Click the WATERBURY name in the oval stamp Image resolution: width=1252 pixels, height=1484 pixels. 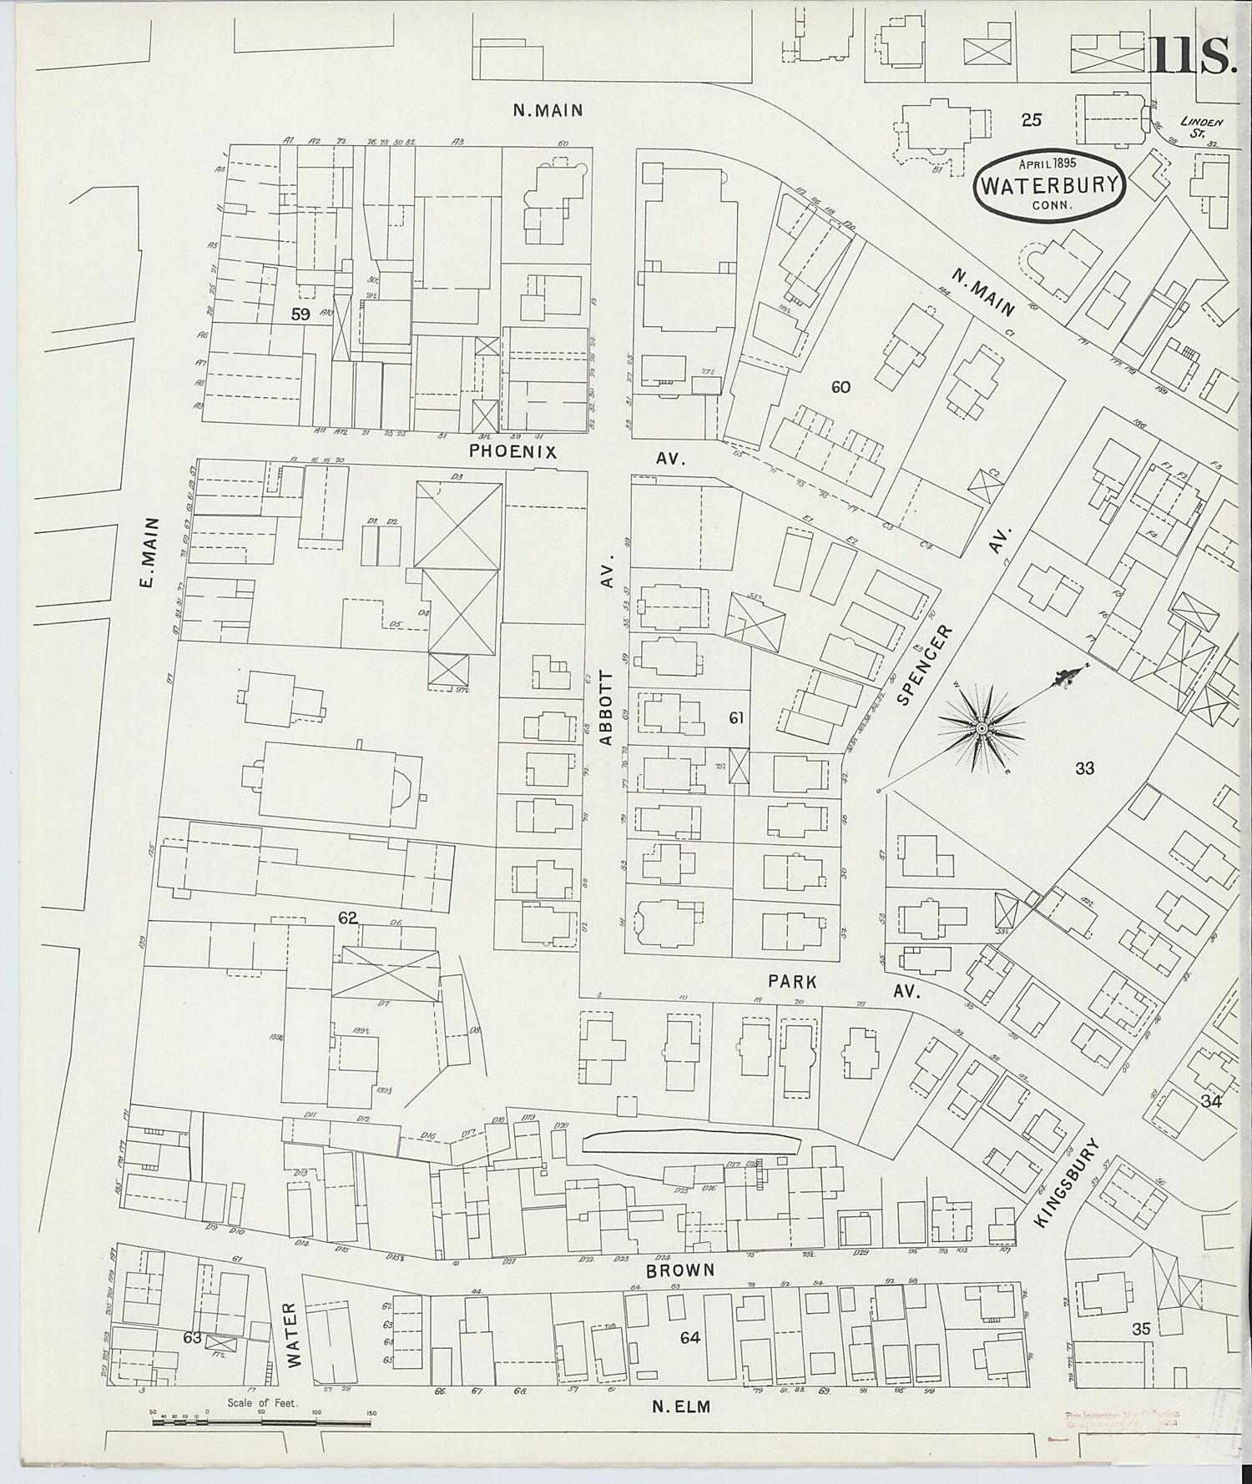(1048, 185)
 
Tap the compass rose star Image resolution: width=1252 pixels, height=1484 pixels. (982, 727)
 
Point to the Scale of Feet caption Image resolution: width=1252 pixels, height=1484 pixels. (262, 1403)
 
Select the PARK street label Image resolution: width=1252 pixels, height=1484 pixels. (793, 983)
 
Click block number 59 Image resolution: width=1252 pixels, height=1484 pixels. (300, 314)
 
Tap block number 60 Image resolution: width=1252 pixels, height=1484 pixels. (841, 386)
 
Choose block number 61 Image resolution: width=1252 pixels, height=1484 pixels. (736, 717)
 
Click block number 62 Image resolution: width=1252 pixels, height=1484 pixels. (347, 918)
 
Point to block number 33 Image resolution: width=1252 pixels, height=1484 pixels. (1084, 768)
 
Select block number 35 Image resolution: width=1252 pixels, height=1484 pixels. (1141, 1329)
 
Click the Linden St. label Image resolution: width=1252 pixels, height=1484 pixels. (1203, 127)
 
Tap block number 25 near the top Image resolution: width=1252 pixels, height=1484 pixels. (1032, 120)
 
